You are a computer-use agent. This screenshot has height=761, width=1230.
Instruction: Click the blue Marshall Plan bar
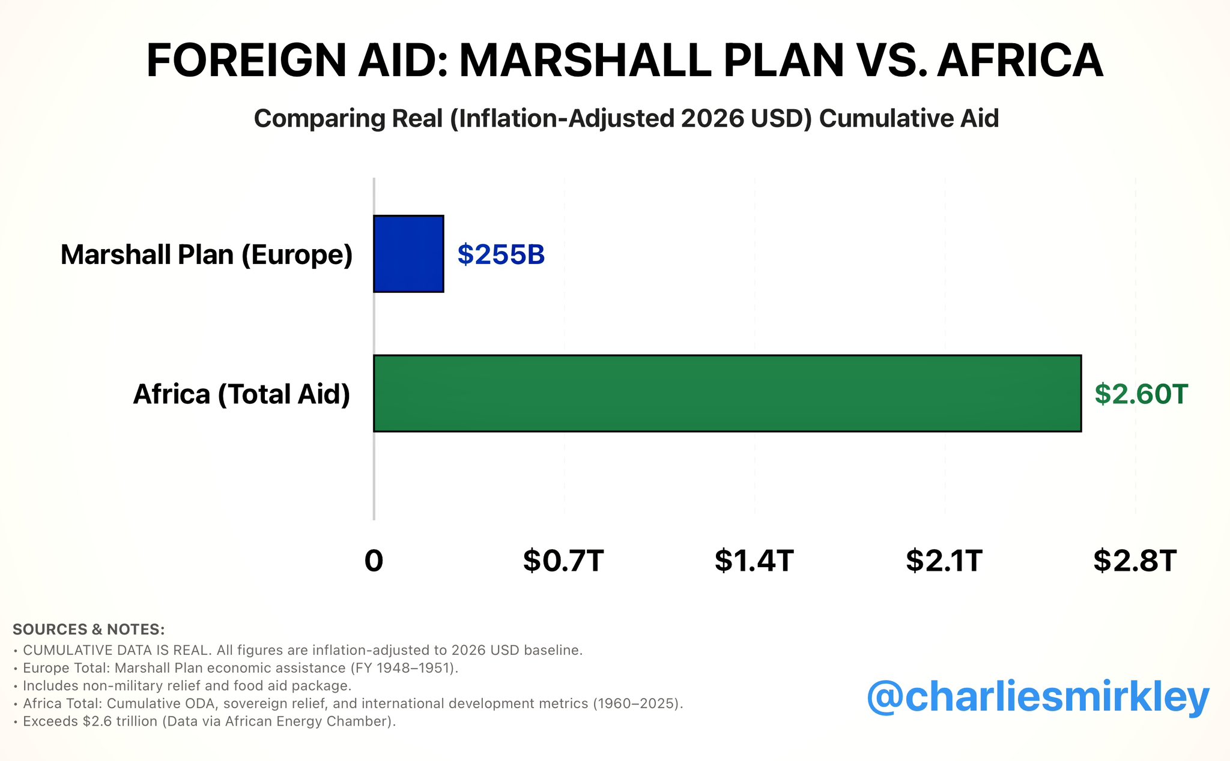tap(408, 254)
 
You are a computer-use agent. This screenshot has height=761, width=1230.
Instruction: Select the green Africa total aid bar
tap(727, 393)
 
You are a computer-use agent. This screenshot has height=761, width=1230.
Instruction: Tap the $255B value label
tap(501, 254)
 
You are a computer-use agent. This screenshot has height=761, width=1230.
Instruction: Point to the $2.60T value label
tap(1141, 394)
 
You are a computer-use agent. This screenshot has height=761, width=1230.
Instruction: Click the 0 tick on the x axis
tap(374, 561)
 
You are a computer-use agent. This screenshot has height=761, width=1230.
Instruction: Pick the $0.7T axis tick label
tap(563, 561)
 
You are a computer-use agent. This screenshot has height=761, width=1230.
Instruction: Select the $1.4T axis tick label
tap(754, 561)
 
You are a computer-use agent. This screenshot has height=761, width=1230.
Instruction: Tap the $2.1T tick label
tap(944, 561)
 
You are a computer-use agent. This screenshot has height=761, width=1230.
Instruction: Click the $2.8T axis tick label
tap(1135, 561)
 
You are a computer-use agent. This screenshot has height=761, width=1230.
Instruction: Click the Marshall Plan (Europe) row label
tap(207, 254)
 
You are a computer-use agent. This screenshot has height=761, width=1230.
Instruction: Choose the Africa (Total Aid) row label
tap(241, 394)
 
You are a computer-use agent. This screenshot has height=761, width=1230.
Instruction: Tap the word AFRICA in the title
tap(1020, 61)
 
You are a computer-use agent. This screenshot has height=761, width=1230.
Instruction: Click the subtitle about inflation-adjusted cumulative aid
tap(626, 118)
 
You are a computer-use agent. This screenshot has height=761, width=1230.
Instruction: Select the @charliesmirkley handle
tap(1037, 697)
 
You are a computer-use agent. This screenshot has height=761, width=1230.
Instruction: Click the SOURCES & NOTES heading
tap(88, 630)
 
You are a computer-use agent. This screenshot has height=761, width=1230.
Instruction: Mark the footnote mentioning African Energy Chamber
tap(209, 721)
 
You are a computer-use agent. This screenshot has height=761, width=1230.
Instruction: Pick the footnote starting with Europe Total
tap(240, 668)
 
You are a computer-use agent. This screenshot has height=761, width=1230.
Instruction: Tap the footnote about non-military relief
tap(187, 685)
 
